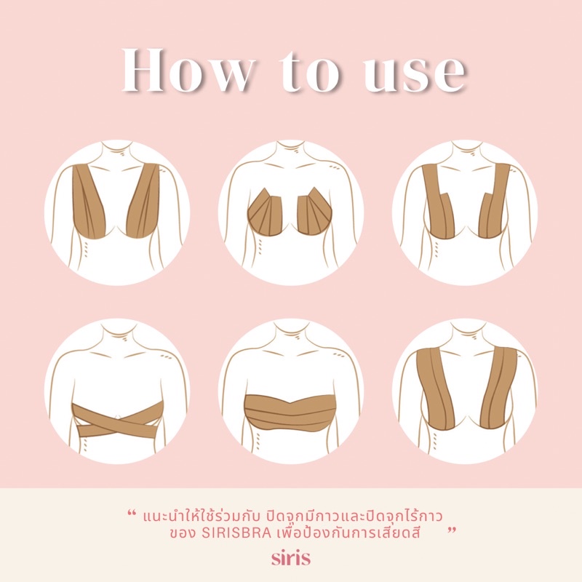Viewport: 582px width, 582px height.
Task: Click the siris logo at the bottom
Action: [x=290, y=558]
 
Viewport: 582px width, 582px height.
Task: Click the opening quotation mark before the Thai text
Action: [x=131, y=513]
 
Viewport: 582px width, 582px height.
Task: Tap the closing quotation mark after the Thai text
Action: [x=451, y=530]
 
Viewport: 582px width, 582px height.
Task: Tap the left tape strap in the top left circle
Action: [x=88, y=202]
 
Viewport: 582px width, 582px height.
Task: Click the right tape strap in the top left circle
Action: [x=144, y=201]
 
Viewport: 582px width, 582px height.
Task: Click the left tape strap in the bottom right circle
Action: [x=436, y=390]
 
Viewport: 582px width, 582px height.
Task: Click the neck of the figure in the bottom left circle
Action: [x=117, y=332]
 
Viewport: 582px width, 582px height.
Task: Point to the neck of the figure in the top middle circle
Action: [x=290, y=152]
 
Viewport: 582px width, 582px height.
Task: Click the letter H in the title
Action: [x=143, y=70]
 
